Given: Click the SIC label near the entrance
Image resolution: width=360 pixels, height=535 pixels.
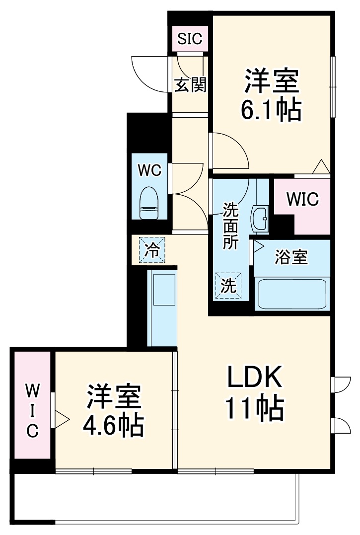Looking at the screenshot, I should (x=190, y=39).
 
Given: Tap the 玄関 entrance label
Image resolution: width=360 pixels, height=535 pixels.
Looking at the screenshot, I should (x=190, y=85).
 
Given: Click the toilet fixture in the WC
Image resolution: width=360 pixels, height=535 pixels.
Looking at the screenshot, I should (x=149, y=203).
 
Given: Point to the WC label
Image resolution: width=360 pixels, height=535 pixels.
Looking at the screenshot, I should (x=149, y=171).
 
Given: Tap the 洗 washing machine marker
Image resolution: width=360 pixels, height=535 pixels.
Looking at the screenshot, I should (x=228, y=286).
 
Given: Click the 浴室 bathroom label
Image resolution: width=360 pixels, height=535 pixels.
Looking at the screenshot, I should (x=291, y=257).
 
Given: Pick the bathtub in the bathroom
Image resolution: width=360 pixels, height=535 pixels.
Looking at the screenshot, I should (x=290, y=294).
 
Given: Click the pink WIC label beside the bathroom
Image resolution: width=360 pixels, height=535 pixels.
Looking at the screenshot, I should (x=302, y=200).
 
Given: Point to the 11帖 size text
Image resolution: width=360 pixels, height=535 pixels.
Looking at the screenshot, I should (x=255, y=408).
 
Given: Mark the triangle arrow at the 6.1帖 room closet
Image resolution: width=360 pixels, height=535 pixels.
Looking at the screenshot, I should (x=320, y=166).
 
